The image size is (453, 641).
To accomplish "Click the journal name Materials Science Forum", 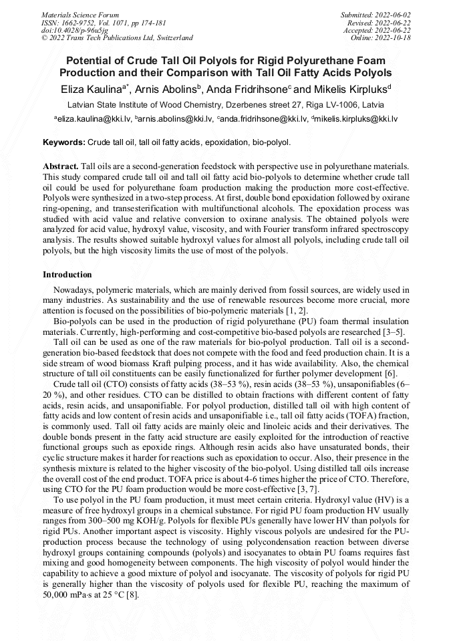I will click(x=80, y=14).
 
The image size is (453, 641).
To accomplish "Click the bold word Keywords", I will click(x=63, y=143).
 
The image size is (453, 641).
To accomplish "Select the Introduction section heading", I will click(x=67, y=275).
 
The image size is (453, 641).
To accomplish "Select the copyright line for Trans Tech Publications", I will click(x=117, y=38).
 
